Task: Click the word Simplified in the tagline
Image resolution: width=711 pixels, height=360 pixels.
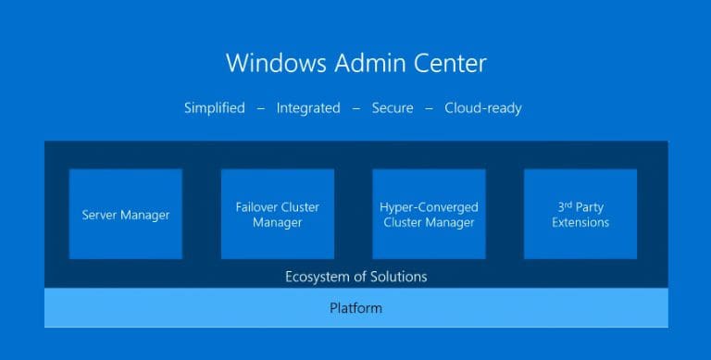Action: click(x=214, y=108)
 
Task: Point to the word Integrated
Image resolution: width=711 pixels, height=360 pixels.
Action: click(x=308, y=108)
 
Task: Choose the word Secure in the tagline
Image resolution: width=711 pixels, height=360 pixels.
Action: click(x=393, y=108)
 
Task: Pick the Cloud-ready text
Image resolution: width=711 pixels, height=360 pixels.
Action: click(x=483, y=108)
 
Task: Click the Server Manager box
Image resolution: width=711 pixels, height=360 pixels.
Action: click(x=126, y=214)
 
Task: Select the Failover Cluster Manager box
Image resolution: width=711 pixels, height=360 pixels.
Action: click(x=277, y=214)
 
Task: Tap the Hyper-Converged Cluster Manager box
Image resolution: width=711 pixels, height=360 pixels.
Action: click(x=429, y=214)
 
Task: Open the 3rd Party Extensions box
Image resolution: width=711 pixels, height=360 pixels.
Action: click(x=580, y=214)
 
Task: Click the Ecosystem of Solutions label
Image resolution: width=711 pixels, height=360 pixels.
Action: click(x=355, y=276)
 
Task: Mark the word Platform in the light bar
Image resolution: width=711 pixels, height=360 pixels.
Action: click(x=355, y=307)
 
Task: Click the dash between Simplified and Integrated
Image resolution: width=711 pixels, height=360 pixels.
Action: click(x=261, y=108)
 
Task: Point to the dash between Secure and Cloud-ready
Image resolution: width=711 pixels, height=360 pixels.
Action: click(x=430, y=108)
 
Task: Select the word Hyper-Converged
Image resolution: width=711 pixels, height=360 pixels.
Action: click(x=429, y=207)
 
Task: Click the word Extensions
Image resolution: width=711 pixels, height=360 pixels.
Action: click(x=580, y=222)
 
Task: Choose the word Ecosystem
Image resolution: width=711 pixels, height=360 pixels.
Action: click(x=317, y=276)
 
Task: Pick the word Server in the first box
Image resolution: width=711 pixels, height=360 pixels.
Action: click(x=100, y=215)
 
